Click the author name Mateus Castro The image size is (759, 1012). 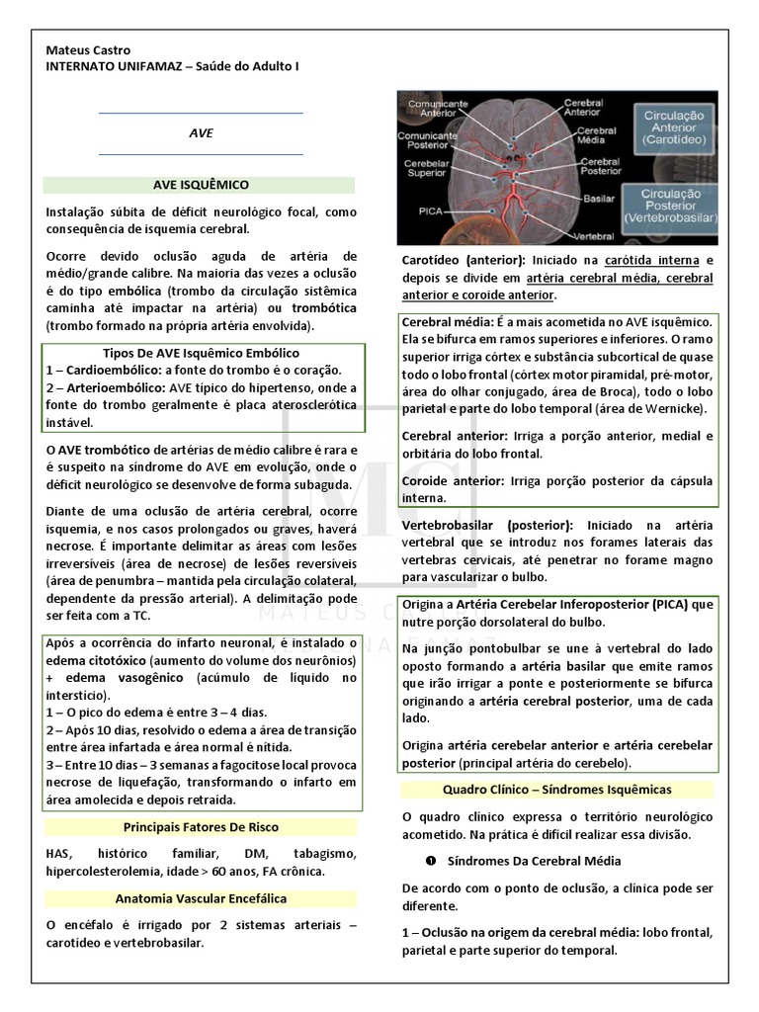coord(88,50)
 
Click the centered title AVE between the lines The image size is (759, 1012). coord(201,133)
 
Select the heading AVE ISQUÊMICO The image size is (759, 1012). coord(201,185)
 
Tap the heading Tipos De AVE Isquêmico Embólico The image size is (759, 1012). coord(201,353)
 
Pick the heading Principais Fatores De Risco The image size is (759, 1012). coord(201,827)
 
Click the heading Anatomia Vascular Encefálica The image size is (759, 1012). coord(201,898)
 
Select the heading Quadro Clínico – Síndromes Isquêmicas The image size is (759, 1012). coord(557,790)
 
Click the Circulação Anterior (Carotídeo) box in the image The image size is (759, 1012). coord(671,128)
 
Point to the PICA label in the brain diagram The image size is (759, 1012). coord(430,211)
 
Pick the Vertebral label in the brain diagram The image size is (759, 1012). coord(594,237)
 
